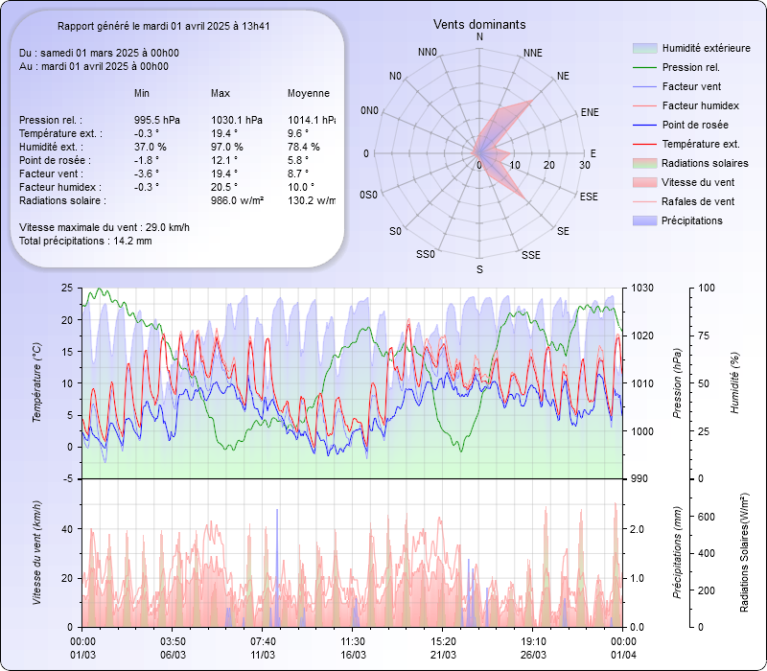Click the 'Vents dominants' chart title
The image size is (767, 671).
479,24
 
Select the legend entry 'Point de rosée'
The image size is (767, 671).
694,125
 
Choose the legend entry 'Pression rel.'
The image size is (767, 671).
690,67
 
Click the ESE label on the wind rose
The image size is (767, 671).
590,196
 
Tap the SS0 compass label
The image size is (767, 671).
426,255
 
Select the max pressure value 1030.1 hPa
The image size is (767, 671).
235,120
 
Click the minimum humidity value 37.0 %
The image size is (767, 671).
151,147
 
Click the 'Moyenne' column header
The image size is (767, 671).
308,93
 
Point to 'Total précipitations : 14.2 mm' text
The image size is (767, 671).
85,241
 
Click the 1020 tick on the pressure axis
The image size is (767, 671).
643,335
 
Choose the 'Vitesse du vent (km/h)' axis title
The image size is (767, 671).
37,552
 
